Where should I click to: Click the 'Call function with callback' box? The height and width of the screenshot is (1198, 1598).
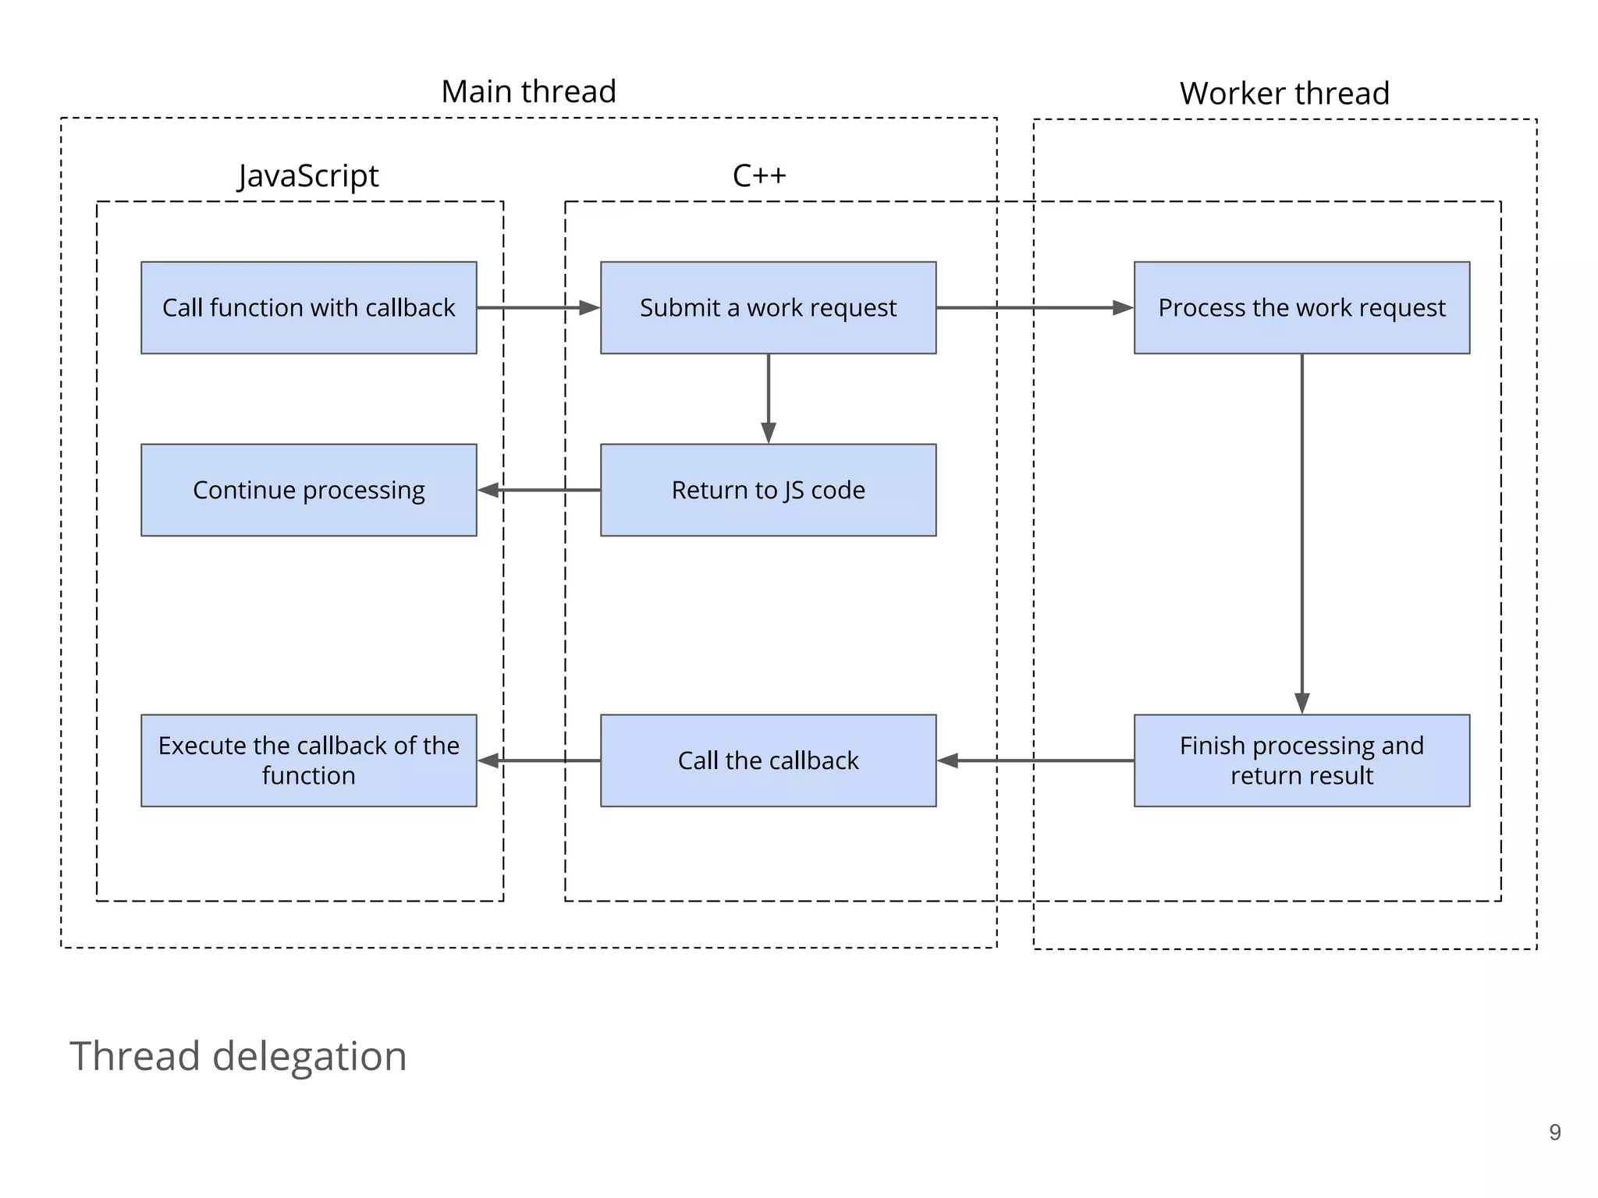click(x=308, y=307)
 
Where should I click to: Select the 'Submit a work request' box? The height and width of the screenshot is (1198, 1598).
click(x=768, y=307)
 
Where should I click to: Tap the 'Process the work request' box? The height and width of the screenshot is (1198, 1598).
click(x=1301, y=307)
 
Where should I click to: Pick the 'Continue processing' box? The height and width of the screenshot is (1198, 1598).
click(x=308, y=490)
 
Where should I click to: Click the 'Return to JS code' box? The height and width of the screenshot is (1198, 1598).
click(x=768, y=490)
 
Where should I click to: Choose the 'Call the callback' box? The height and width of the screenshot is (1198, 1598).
click(x=768, y=760)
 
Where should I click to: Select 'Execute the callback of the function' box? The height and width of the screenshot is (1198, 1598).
click(x=308, y=760)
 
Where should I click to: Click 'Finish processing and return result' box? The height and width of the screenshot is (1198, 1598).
click(x=1301, y=760)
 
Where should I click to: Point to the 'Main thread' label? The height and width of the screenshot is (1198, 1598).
click(x=528, y=91)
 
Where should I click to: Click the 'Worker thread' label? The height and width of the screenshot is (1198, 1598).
click(x=1284, y=94)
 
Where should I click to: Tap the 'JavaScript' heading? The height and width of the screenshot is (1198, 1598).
click(x=308, y=175)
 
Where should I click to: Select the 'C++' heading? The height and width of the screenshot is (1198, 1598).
click(x=758, y=175)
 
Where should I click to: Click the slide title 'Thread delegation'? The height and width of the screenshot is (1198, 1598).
click(x=238, y=1056)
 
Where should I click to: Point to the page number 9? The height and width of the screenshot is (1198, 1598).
click(x=1554, y=1132)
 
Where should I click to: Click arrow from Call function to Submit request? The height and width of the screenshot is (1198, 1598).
click(x=538, y=308)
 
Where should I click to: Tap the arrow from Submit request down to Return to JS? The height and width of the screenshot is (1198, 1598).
click(x=769, y=398)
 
